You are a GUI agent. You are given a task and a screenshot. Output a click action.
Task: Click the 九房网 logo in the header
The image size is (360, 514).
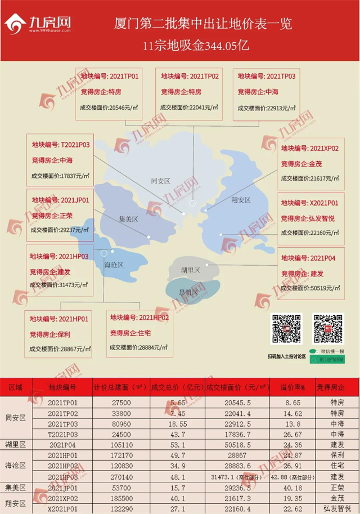[39, 25]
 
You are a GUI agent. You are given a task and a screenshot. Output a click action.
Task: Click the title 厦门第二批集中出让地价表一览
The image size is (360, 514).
[203, 25]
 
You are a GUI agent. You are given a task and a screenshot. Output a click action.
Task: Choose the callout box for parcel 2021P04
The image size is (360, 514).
[311, 274]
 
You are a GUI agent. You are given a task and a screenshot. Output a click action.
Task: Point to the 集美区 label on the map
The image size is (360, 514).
[128, 219]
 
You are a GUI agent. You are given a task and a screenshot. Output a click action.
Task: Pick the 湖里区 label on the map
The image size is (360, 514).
[190, 271]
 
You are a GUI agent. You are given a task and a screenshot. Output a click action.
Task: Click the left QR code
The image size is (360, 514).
[287, 329]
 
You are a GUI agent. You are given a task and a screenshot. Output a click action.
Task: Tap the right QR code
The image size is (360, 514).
[328, 329]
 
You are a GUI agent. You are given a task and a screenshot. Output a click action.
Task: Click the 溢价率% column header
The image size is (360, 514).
[292, 388]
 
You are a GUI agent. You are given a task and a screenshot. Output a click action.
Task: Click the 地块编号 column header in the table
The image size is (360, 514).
[62, 388]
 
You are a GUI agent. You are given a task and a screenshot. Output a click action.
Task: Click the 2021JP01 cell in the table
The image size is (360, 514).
[62, 487]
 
